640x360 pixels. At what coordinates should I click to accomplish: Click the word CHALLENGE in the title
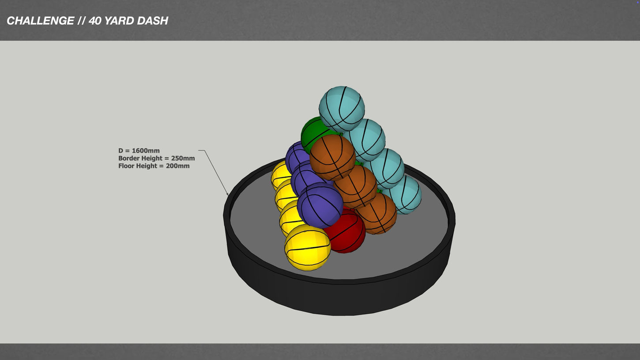click(x=40, y=21)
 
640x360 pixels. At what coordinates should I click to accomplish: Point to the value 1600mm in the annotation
click(x=146, y=151)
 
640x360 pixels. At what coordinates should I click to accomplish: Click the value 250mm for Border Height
click(x=183, y=158)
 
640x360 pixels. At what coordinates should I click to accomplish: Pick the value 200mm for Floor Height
click(x=177, y=166)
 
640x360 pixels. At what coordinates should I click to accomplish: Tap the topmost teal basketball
click(x=342, y=108)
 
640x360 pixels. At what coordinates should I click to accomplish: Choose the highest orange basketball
click(x=332, y=157)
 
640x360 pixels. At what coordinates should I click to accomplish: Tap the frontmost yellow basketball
click(x=307, y=247)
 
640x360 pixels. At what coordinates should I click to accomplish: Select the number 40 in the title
click(x=94, y=21)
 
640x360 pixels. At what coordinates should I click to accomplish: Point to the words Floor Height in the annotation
click(x=137, y=166)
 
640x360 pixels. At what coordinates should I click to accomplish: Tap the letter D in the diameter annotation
click(x=121, y=151)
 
